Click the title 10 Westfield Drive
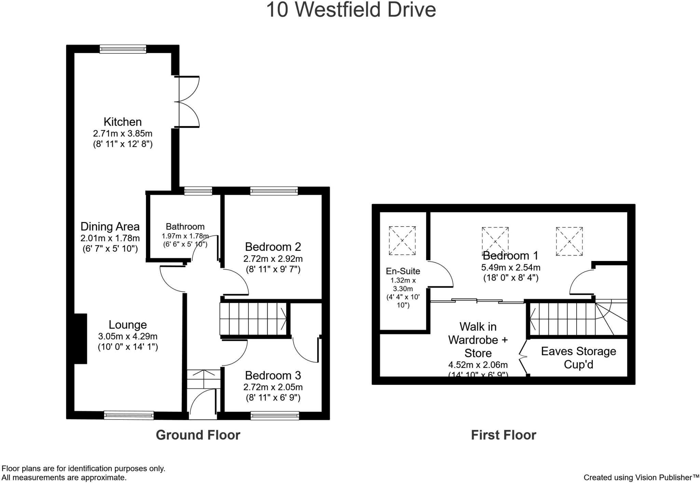[x=351, y=10]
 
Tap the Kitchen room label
[x=122, y=122]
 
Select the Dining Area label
[x=110, y=226]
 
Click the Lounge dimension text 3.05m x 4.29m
[x=127, y=336]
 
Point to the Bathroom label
[x=185, y=226]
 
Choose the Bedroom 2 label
[x=273, y=247]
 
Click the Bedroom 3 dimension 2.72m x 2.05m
[x=273, y=387]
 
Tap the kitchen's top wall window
[x=123, y=49]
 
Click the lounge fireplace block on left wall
[x=81, y=339]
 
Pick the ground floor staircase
[x=254, y=319]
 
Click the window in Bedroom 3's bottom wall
[x=274, y=415]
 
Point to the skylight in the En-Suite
[x=402, y=240]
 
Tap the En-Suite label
[x=403, y=271]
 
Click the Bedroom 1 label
[x=510, y=256]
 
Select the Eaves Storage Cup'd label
[x=578, y=358]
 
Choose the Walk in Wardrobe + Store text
[x=478, y=340]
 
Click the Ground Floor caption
[x=198, y=435]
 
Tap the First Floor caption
[x=503, y=435]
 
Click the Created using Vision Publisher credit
[x=641, y=477]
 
